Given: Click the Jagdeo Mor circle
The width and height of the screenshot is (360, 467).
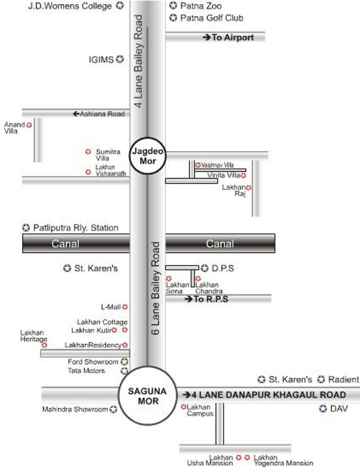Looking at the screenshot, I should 148,156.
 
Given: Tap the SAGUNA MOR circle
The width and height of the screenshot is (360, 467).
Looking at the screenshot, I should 147,396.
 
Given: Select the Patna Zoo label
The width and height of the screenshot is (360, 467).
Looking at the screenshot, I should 201,6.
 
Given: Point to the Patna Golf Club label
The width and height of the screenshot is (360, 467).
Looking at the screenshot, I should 211,18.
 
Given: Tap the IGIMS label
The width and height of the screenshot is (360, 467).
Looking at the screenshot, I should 101,59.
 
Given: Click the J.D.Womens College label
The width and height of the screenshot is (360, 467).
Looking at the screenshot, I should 70,6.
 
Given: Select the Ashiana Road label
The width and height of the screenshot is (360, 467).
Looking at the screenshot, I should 102,114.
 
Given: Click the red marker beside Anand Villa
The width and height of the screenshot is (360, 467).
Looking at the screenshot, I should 29,125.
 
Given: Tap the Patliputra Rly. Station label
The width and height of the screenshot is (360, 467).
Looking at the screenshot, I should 76,228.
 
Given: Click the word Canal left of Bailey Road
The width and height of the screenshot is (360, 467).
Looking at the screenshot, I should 65,244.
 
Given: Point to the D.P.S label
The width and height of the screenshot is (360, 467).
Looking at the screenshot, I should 222,268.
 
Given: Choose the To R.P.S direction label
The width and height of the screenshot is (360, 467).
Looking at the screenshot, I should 211,299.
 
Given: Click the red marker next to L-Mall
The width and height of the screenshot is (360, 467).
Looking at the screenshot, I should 125,307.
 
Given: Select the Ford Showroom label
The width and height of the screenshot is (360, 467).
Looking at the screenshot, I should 93,362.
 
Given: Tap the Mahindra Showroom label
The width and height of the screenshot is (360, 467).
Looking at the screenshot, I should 75,409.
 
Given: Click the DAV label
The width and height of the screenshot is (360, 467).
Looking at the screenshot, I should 339,409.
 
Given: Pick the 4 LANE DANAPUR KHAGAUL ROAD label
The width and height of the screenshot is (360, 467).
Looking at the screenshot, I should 268,395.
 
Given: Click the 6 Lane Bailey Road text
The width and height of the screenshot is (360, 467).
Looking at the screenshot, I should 155,288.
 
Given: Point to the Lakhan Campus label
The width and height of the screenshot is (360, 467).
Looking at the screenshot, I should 199,410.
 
